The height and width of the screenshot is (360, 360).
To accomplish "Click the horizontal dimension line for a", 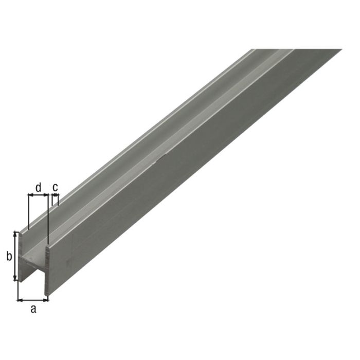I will [x=33, y=299].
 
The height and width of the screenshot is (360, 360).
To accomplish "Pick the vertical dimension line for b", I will [x=16, y=256].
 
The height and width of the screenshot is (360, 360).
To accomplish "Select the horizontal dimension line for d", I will [x=39, y=195].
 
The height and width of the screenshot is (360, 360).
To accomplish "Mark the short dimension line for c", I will [x=56, y=195].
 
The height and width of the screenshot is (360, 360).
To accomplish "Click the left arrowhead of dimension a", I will [x=20, y=299].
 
